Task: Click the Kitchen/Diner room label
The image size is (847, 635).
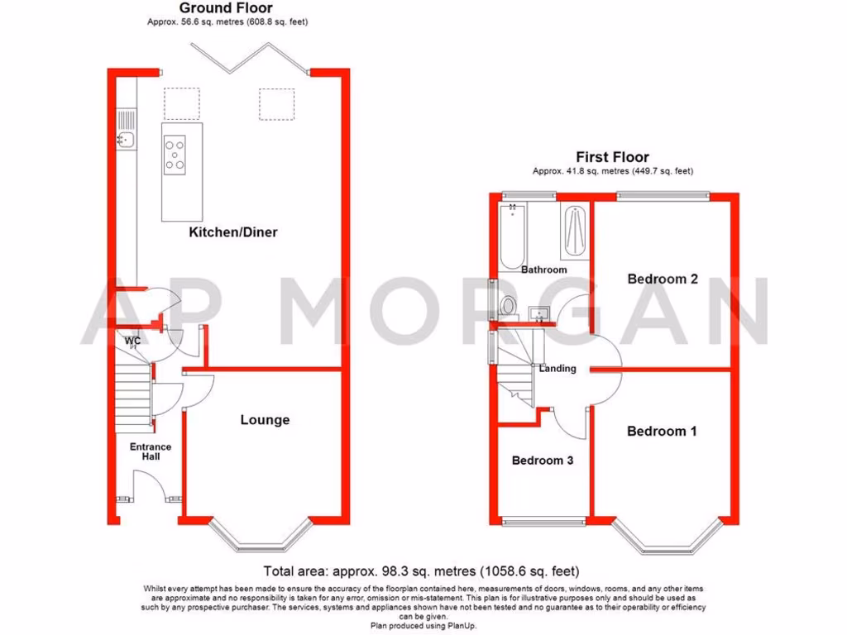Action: [233, 232]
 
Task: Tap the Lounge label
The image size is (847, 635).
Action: [265, 420]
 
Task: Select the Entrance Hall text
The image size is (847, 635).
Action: [151, 451]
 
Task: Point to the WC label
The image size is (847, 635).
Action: [132, 340]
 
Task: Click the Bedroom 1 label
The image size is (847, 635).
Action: [662, 431]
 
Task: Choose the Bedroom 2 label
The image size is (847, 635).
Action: [663, 279]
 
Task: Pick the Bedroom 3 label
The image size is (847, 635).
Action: [543, 461]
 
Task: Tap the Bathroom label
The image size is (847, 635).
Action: [544, 270]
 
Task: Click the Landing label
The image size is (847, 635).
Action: [557, 369]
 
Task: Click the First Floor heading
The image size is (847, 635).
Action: [613, 157]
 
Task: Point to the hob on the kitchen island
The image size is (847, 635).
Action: [175, 154]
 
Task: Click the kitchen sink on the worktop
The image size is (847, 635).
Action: [126, 139]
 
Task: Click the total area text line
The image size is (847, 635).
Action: [422, 571]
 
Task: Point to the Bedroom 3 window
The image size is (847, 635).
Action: [543, 521]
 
